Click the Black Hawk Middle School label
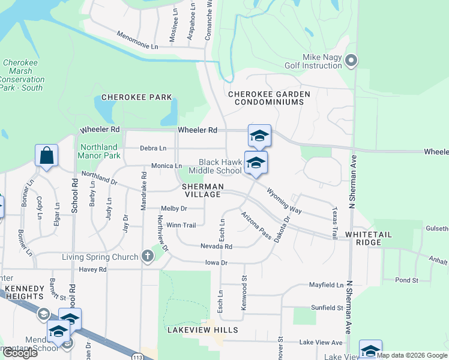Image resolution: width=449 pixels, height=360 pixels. [x=220, y=166]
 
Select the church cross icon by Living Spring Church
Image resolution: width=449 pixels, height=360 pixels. [x=148, y=257]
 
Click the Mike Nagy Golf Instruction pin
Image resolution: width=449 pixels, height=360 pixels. [x=352, y=61]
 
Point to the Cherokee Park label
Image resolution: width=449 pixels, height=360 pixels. [x=137, y=97]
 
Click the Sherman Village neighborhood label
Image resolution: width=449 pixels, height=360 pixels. [x=203, y=191]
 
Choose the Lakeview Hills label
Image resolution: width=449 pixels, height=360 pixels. [x=203, y=330]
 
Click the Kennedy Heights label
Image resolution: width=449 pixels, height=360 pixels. [x=25, y=292]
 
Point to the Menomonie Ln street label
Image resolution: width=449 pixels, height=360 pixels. [x=137, y=40]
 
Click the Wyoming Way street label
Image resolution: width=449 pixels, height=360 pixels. [x=285, y=202]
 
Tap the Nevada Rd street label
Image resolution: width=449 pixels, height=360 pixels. [x=216, y=246]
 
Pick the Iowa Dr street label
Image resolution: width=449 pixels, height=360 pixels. [x=216, y=263]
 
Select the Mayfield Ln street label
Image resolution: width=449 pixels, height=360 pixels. [x=326, y=285]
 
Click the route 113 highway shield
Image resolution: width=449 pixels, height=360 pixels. [x=137, y=356]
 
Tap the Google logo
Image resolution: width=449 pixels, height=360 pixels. [x=19, y=353]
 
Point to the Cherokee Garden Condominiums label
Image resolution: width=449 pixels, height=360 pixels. [x=270, y=98]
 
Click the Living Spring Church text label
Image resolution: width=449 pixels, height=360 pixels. [x=100, y=257]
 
